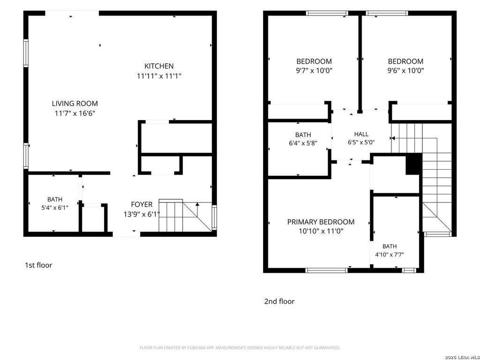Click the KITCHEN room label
159,66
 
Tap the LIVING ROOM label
75,104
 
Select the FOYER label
142,204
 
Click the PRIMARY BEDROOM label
321,222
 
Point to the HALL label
361,134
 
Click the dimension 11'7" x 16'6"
75,113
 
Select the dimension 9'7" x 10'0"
314,71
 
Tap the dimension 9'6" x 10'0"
405,71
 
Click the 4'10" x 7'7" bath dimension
390,255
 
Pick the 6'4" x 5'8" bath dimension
303,143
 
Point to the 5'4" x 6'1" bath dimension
55,208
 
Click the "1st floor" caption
38,265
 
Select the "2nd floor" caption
279,301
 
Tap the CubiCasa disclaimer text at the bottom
240,348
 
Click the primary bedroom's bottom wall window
327,270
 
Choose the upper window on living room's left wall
26,53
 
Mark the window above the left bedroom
327,13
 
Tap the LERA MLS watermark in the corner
462,357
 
